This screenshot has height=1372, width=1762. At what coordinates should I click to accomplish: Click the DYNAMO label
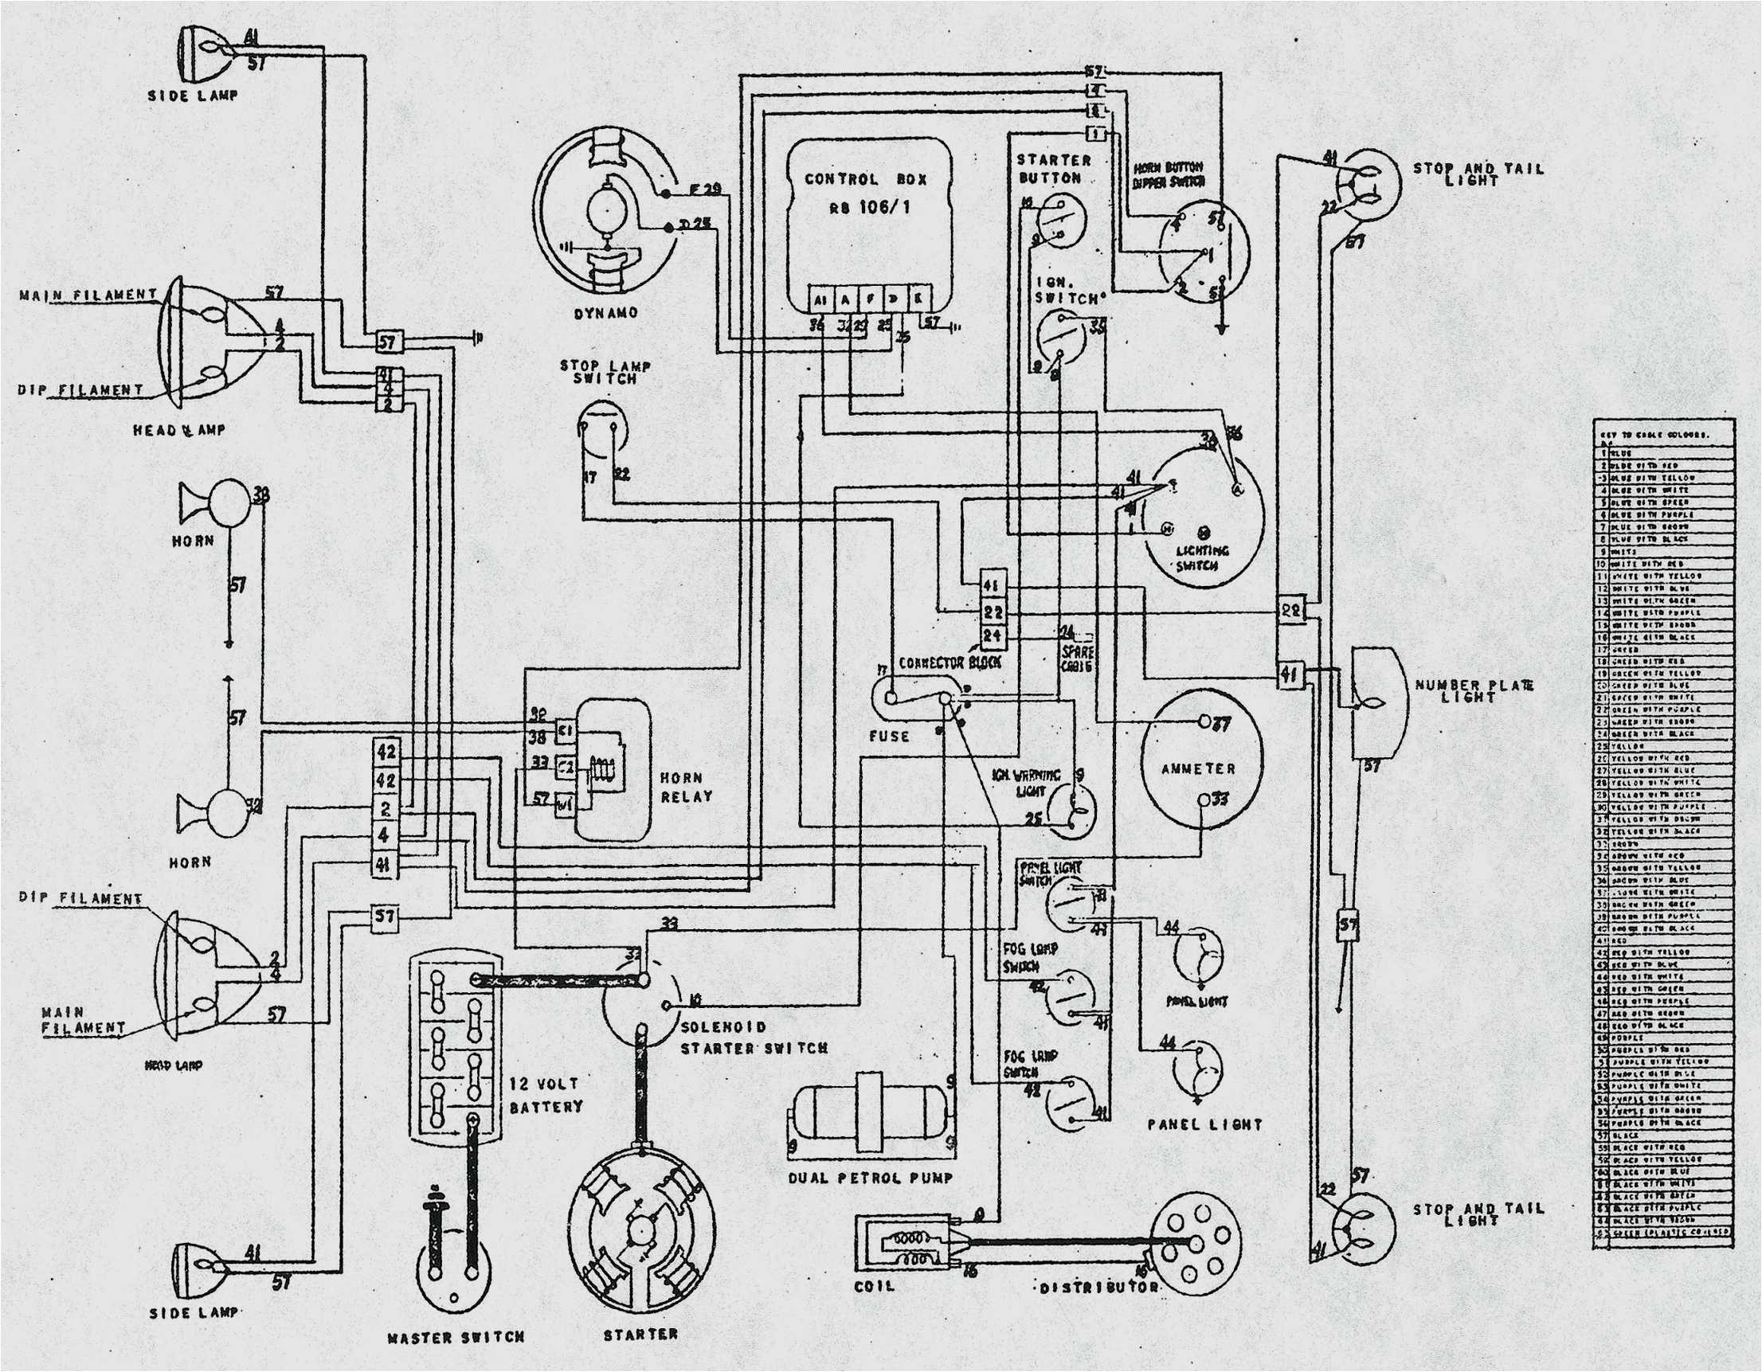click(606, 313)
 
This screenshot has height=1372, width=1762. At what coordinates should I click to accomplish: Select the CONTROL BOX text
click(866, 179)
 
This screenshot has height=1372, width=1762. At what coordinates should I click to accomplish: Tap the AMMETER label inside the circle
click(1198, 768)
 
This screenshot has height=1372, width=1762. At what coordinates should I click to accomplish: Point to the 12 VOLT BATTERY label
click(546, 1095)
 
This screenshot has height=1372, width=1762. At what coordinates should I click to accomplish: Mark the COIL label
click(875, 1286)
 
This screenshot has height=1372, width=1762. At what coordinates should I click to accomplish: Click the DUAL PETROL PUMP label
click(871, 1179)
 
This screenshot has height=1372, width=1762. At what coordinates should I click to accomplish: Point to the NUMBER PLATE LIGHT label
click(1473, 690)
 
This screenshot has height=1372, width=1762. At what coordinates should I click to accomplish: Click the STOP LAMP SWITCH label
click(605, 372)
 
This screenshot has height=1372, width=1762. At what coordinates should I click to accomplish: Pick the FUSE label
click(889, 736)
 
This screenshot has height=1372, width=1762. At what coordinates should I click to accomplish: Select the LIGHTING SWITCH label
click(1201, 557)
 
